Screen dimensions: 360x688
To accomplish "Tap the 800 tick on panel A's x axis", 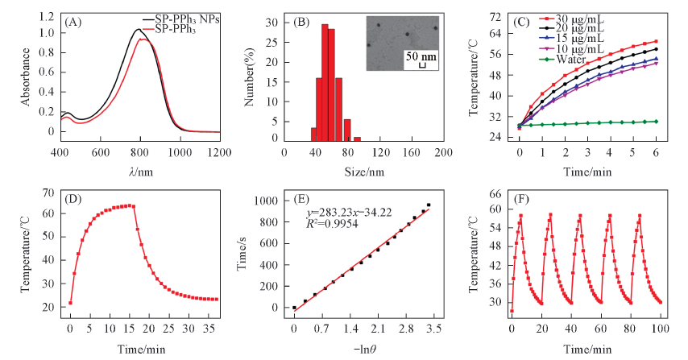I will click(x=140, y=151).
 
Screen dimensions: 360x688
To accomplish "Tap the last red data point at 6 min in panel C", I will click(x=656, y=41).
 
